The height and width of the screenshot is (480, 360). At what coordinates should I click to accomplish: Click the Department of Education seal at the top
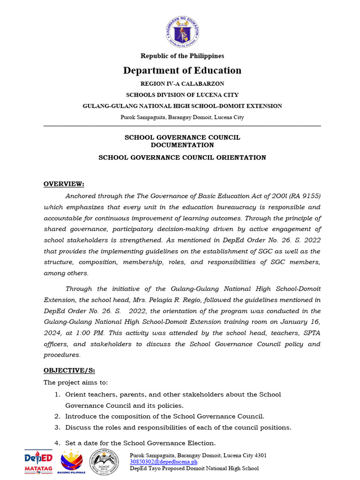182,31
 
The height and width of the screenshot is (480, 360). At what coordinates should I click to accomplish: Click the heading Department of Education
182,70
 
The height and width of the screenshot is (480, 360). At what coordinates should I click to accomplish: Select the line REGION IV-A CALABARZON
182,83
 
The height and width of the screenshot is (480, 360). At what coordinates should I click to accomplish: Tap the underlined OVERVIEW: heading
64,183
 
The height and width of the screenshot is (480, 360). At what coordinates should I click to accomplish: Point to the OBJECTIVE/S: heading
69,370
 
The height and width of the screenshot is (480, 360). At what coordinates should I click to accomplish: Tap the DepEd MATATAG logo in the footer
38,461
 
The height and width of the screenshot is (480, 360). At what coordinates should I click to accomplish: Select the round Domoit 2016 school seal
107,462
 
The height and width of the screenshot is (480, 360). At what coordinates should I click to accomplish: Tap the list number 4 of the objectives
57,443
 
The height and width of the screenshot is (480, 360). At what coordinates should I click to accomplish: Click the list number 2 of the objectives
57,416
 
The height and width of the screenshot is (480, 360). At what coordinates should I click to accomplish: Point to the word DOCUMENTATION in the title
182,145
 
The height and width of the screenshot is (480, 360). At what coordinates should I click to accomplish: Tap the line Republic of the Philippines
182,56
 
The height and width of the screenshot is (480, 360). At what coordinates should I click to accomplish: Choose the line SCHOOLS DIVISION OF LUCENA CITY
182,95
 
